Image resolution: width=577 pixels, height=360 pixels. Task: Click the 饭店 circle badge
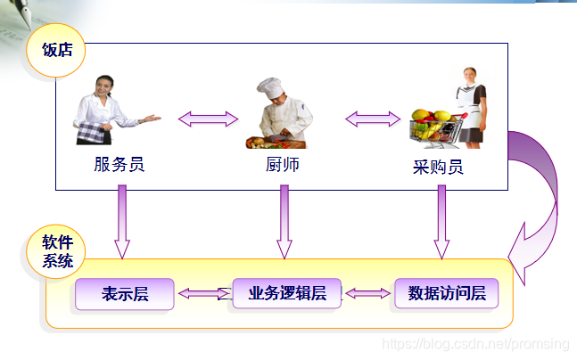pos(57,51)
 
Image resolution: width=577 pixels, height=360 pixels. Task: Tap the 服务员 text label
pos(119,164)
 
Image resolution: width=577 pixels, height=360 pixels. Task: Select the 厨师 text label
pos(283,164)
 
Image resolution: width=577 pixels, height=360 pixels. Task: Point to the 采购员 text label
pos(438,167)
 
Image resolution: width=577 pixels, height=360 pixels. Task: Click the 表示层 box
pos(124,294)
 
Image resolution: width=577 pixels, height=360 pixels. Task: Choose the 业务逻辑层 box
pos(286,293)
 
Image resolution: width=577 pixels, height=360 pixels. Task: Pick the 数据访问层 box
pos(446,293)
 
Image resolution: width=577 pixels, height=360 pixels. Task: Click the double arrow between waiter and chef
pos(208,119)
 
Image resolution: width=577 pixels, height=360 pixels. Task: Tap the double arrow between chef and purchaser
pos(373,119)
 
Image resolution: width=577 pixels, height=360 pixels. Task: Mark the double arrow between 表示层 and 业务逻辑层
pos(203,293)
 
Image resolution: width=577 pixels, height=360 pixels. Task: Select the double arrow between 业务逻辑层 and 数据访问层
pos(368,292)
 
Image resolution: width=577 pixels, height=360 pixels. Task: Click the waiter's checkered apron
pos(95,132)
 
